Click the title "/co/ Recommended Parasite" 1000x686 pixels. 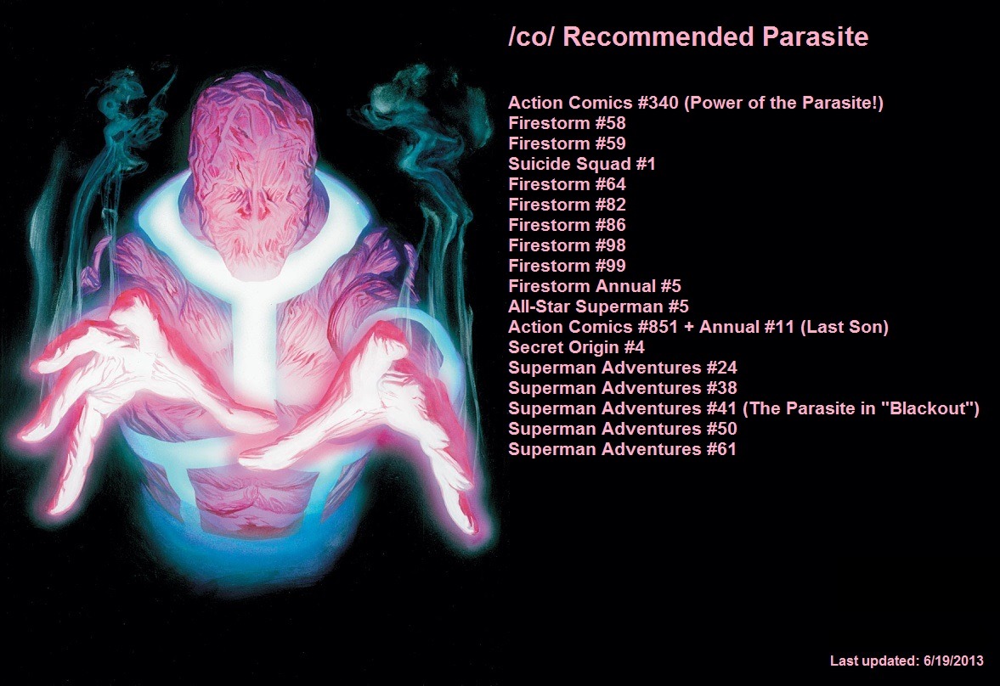click(x=688, y=37)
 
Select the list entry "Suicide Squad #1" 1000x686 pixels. click(x=582, y=164)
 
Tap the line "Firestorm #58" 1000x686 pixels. click(x=567, y=123)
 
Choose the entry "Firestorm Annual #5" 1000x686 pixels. click(x=595, y=286)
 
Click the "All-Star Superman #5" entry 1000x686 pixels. click(x=598, y=306)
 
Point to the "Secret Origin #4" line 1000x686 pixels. click(x=576, y=347)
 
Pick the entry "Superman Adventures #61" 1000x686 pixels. click(x=623, y=449)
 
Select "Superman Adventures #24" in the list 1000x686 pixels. click(x=623, y=368)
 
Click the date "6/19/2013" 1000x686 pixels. click(x=952, y=661)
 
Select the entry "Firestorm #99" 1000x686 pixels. click(x=567, y=266)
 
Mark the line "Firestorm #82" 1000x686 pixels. click(x=567, y=205)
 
